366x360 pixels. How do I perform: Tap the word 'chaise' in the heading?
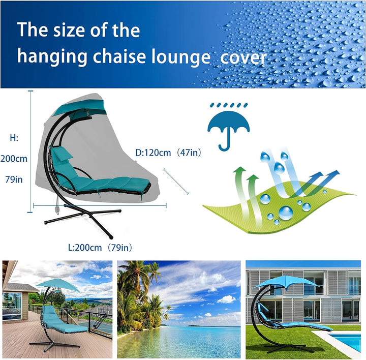(x=120, y=56)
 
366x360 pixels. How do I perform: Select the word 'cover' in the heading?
(x=243, y=58)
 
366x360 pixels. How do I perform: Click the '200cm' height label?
(x=14, y=159)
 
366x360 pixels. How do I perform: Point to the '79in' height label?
(x=14, y=179)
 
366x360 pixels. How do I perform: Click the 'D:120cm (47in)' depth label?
(x=168, y=153)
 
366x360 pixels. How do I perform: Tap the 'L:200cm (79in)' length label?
(x=100, y=248)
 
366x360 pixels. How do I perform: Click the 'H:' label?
(x=14, y=138)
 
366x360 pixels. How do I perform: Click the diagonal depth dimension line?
(x=176, y=181)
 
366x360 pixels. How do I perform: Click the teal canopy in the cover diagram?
(x=80, y=108)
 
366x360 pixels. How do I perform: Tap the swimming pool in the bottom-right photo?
(x=346, y=341)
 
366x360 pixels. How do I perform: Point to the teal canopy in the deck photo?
(x=57, y=285)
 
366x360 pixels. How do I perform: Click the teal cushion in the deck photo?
(x=63, y=321)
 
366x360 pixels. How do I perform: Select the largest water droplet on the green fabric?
(x=286, y=213)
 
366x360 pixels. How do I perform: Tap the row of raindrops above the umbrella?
(x=229, y=105)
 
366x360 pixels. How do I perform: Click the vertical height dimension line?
(x=30, y=152)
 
